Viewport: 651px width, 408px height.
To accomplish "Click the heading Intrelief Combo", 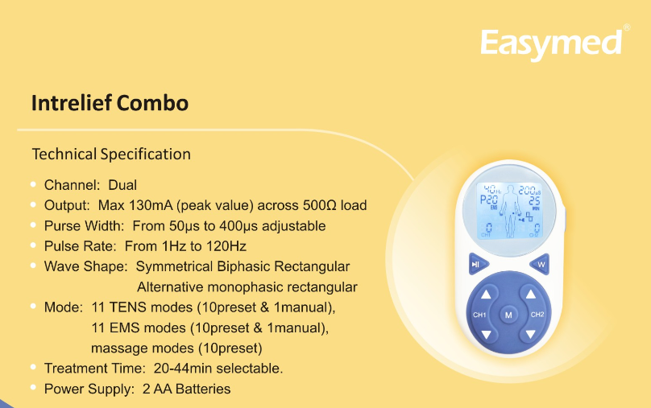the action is coord(110,103).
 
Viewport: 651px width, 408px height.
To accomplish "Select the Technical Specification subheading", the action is coord(111,155).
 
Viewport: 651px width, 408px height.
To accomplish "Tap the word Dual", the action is coord(122,185).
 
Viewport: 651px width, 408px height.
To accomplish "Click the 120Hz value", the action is coord(226,246).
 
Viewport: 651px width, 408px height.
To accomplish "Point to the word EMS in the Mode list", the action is coord(127,328).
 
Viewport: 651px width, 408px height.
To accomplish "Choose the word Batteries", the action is coord(203,389).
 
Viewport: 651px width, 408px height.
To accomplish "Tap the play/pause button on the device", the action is coord(479,264).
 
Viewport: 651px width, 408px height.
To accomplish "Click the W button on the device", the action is coord(540,264).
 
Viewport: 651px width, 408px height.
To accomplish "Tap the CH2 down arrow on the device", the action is coord(531,334).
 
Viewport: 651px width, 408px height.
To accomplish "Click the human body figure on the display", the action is coord(510,211).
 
